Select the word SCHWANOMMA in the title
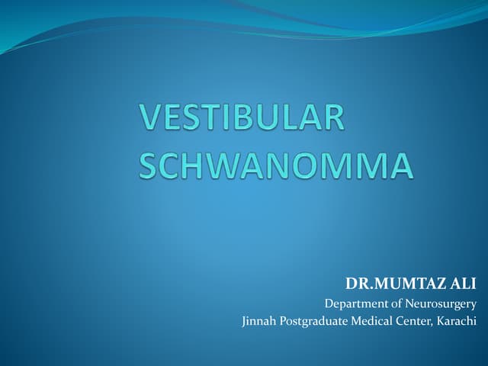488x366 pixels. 276,166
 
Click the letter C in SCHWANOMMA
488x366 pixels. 175,166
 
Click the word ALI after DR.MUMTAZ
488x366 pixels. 459,284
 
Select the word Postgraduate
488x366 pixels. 311,322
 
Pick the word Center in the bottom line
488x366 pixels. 413,322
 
